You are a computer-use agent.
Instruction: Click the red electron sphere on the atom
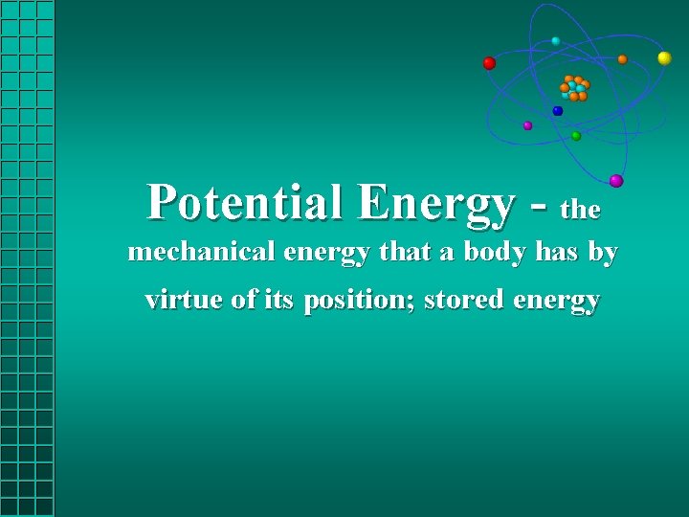point(489,63)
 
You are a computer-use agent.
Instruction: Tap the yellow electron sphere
point(664,58)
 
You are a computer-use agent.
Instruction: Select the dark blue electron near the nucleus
point(558,111)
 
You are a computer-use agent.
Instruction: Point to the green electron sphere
point(576,136)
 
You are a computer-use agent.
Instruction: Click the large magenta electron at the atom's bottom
point(616,181)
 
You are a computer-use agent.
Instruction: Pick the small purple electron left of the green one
point(527,125)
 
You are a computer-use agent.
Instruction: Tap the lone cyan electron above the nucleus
point(556,41)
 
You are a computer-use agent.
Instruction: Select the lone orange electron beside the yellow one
point(622,59)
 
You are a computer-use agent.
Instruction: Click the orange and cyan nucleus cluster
point(574,88)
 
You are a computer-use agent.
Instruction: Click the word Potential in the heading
point(248,202)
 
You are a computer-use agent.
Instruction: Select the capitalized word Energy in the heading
point(437,204)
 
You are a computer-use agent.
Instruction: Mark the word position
point(358,301)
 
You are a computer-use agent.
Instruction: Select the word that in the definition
point(405,253)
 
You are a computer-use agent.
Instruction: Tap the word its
point(278,300)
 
